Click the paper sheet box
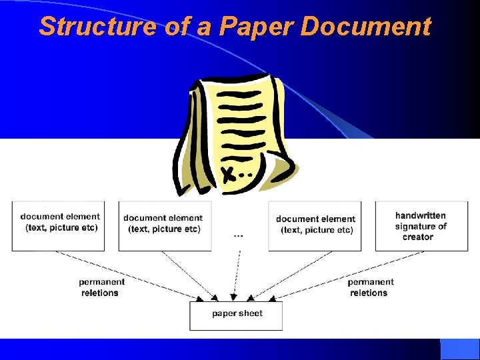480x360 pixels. [236, 315]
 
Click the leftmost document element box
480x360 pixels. [59, 226]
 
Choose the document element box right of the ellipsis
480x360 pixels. [315, 226]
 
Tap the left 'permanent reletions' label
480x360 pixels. [101, 287]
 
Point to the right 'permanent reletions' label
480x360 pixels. [371, 287]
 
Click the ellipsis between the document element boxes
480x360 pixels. [238, 235]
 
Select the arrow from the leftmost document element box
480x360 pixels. [133, 274]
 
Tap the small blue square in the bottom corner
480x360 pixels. [460, 349]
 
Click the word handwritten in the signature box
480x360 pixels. [421, 215]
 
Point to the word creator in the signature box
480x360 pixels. [418, 237]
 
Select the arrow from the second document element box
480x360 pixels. [189, 273]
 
